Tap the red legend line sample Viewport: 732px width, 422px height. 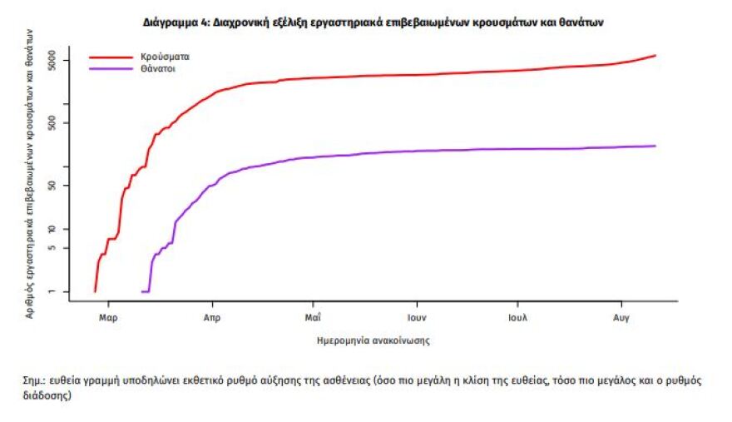pyautogui.click(x=111, y=58)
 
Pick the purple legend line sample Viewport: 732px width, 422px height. pyautogui.click(x=111, y=69)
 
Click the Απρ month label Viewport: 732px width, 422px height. pyautogui.click(x=211, y=318)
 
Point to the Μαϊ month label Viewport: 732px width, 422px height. pyautogui.click(x=314, y=318)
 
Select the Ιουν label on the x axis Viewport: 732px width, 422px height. pyautogui.click(x=417, y=318)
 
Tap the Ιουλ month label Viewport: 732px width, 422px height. pyautogui.click(x=519, y=318)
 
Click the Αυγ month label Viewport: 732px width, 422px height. pyautogui.click(x=621, y=318)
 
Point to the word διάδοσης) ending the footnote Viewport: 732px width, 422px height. pyautogui.click(x=47, y=396)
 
